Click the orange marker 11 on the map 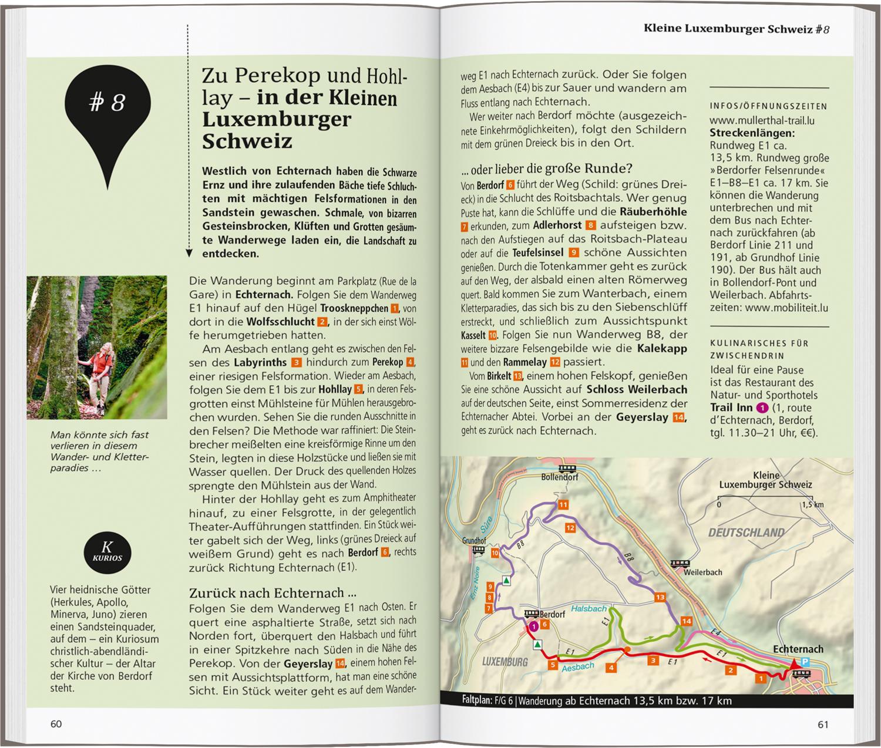click(x=563, y=505)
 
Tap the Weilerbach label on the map click(x=702, y=572)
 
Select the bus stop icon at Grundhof click(x=478, y=550)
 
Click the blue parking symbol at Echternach click(x=805, y=662)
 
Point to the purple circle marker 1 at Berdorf click(x=533, y=626)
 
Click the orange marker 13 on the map click(x=660, y=597)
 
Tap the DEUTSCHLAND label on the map click(x=746, y=533)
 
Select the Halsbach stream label click(x=589, y=609)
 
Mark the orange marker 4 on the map click(x=611, y=668)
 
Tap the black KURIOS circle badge click(x=107, y=552)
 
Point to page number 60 click(x=56, y=724)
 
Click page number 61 click(x=823, y=725)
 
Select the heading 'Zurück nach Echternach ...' click(x=273, y=592)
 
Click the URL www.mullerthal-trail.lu click(x=762, y=120)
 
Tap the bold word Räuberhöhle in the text click(x=653, y=211)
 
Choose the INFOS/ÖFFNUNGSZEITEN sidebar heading click(x=768, y=106)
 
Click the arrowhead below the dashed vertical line click(x=189, y=253)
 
